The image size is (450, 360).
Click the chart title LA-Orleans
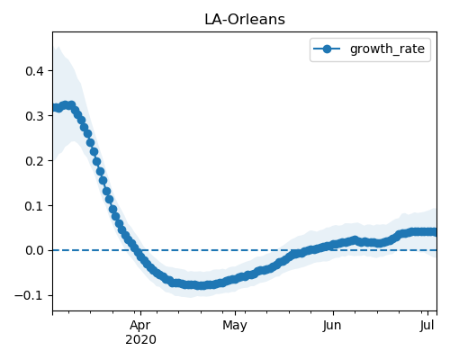[x=245, y=20]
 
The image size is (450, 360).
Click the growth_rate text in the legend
[x=387, y=49]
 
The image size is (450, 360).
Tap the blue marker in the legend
[x=327, y=49]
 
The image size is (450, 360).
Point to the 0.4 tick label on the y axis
[x=35, y=71]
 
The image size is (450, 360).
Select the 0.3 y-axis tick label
[x=35, y=116]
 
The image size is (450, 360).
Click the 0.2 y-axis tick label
[x=35, y=161]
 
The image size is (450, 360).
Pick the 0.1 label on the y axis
[x=35, y=206]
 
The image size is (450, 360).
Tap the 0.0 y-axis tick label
[x=35, y=250]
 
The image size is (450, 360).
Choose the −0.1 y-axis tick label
[x=30, y=295]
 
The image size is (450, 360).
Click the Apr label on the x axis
[x=140, y=325]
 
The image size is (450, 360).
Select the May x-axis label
[x=235, y=325]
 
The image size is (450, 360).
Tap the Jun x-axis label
[x=332, y=325]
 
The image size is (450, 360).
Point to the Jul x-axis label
[x=427, y=325]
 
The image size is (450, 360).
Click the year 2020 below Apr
[x=140, y=340]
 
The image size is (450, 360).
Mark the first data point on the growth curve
[x=54, y=107]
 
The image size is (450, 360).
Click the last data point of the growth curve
[x=433, y=231]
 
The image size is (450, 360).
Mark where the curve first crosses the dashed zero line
[x=137, y=250]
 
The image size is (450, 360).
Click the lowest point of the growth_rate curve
[x=202, y=285]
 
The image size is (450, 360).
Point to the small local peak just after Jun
[x=355, y=239]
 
